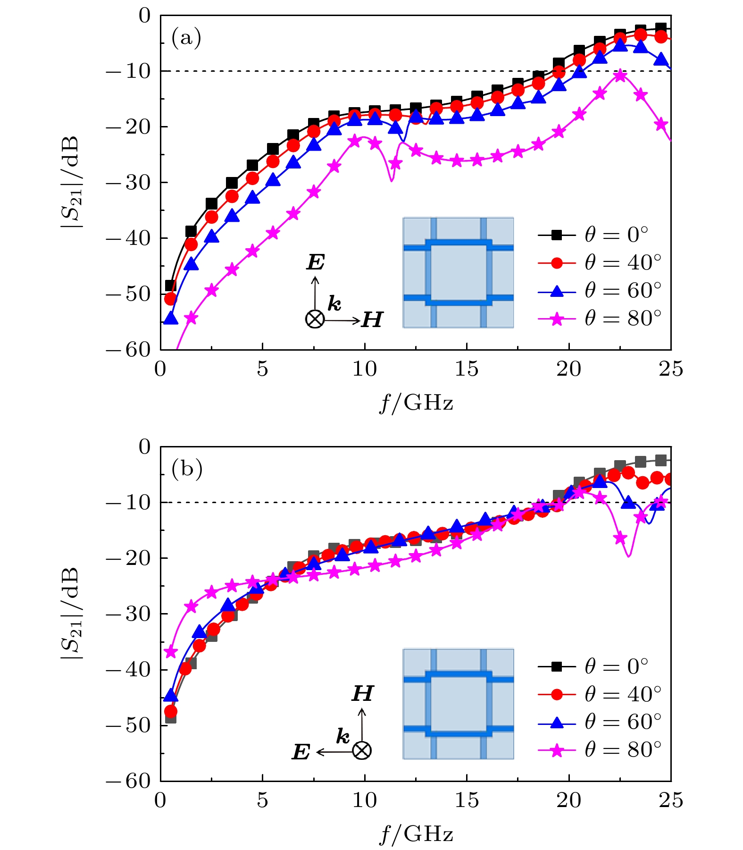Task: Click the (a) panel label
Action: [x=186, y=38]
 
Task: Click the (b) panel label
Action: [x=187, y=469]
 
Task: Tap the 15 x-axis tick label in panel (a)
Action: [x=466, y=370]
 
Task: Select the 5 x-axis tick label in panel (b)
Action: [x=262, y=800]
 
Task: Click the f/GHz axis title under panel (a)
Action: [x=416, y=403]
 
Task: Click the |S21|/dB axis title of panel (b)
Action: [x=72, y=614]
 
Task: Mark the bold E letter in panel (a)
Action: [x=316, y=263]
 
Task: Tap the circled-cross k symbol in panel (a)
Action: [x=315, y=320]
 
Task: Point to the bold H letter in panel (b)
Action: [x=362, y=694]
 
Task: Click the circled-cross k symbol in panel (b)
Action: [x=362, y=750]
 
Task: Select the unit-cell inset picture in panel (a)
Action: [x=458, y=272]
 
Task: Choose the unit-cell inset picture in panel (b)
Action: [x=458, y=704]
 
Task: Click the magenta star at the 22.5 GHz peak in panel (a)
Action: [x=620, y=76]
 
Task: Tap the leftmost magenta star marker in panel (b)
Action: [x=170, y=652]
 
